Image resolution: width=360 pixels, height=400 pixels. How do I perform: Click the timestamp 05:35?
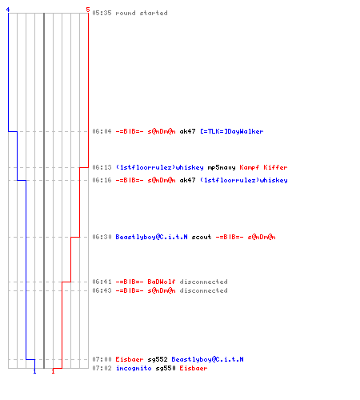pyautogui.click(x=102, y=13)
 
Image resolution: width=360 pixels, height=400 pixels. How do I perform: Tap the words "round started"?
pyautogui.click(x=142, y=13)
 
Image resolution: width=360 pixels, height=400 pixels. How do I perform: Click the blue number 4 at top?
pyautogui.click(x=8, y=10)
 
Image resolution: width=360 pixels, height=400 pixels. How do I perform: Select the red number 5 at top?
pyautogui.click(x=88, y=10)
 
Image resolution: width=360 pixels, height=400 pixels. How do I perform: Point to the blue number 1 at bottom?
pyautogui.click(x=34, y=371)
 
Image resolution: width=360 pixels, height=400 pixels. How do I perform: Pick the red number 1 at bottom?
pyautogui.click(x=53, y=371)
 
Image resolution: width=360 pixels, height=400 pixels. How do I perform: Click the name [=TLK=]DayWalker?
pyautogui.click(x=232, y=131)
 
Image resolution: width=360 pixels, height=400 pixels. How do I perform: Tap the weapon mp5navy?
pyautogui.click(x=222, y=167)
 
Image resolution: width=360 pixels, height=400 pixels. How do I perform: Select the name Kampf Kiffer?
pyautogui.click(x=263, y=167)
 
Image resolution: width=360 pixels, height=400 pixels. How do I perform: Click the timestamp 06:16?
pyautogui.click(x=102, y=180)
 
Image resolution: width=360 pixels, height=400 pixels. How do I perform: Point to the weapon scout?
pyautogui.click(x=202, y=237)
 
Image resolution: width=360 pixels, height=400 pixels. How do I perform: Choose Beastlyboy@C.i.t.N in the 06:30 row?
pyautogui.click(x=151, y=237)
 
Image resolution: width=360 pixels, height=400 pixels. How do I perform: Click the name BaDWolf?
pyautogui.click(x=162, y=282)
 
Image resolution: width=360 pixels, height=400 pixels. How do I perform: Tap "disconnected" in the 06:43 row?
pyautogui.click(x=203, y=290)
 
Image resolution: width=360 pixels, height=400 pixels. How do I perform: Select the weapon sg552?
pyautogui.click(x=158, y=359)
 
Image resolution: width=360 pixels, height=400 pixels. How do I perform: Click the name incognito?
pyautogui.click(x=134, y=368)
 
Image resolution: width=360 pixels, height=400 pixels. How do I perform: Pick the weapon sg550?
pyautogui.click(x=166, y=368)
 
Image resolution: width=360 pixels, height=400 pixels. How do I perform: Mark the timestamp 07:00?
pyautogui.click(x=102, y=359)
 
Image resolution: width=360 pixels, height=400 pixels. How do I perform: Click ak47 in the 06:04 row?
pyautogui.click(x=187, y=131)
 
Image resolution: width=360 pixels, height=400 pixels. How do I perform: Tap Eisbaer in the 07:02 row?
pyautogui.click(x=194, y=368)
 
